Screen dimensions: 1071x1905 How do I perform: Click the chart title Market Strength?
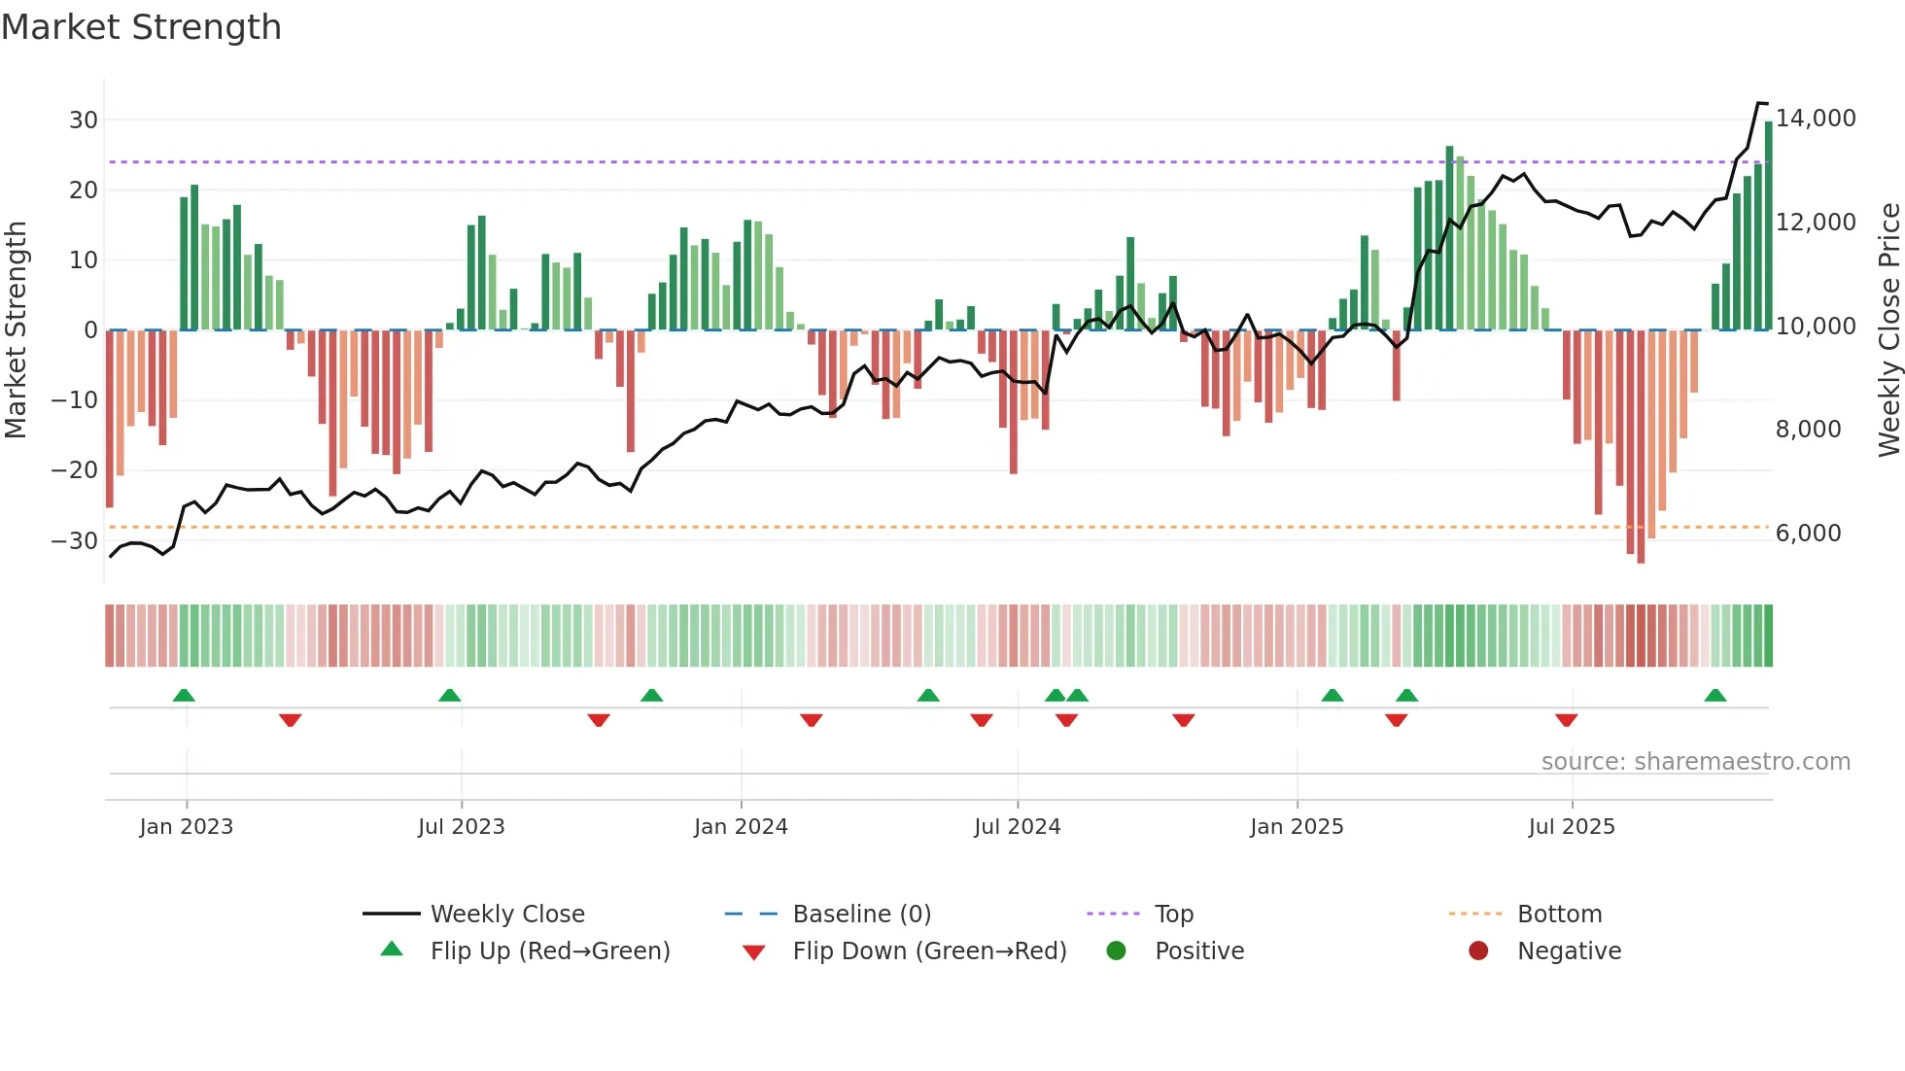141,27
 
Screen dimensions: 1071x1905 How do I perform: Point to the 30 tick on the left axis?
83,121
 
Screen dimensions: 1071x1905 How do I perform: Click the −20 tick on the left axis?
75,470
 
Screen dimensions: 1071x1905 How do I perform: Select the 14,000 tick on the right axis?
1816,119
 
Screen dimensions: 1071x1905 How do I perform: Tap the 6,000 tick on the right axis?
1808,534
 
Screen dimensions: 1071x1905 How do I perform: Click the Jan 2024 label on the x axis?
741,827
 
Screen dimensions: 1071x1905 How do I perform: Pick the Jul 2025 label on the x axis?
1572,827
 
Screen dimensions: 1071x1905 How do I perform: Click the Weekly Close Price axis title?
1888,330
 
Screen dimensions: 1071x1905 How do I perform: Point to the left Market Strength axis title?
16,330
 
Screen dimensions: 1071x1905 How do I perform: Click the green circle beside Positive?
1116,951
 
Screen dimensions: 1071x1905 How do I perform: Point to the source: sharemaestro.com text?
1695,762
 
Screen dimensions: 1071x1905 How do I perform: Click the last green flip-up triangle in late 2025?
1715,696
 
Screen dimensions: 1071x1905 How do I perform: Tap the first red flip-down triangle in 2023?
290,720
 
